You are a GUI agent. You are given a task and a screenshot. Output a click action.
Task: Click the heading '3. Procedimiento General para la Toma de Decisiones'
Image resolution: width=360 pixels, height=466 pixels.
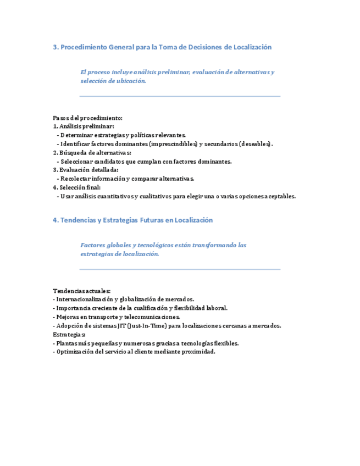162,47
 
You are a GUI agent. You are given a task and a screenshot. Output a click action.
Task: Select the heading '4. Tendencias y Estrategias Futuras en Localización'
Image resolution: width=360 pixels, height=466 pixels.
132,220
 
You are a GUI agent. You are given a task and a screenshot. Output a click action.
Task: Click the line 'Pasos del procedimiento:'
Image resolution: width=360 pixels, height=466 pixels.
87,118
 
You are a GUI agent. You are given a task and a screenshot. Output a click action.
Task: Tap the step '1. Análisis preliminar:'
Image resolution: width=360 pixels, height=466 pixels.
84,126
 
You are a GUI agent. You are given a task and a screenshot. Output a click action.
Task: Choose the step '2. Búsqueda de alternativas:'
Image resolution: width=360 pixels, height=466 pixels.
92,153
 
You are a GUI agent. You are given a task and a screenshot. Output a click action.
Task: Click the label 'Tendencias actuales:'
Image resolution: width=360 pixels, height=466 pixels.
81,291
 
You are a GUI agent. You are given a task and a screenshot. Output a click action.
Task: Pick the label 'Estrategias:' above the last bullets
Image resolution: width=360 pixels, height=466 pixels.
69,334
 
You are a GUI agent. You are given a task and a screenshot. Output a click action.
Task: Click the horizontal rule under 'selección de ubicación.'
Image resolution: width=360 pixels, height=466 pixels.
180,96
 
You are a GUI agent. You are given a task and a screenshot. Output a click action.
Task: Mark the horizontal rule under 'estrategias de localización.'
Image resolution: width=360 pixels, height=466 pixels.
180,269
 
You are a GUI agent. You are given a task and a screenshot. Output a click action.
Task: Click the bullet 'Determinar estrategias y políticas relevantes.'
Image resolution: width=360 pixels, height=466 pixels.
123,135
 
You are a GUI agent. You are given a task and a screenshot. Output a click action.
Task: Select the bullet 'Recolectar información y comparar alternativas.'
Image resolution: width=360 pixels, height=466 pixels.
127,179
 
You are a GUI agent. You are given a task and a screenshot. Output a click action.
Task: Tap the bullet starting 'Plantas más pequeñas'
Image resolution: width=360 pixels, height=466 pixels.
147,343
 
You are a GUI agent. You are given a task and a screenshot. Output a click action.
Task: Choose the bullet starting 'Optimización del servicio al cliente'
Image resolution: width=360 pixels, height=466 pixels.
135,352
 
